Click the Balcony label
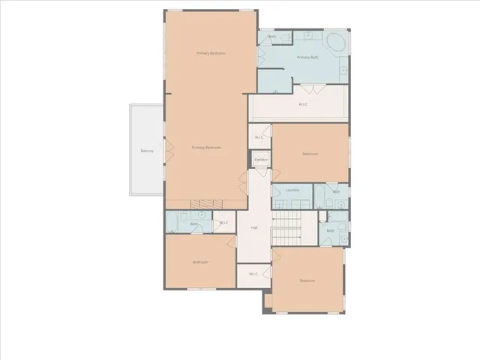coord(147,151)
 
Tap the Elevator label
coord(260,160)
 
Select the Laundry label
coord(292,190)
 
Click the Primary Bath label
coord(307,58)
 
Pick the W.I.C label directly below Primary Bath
coord(303,104)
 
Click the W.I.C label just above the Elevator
coord(259,137)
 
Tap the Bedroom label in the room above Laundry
coord(310,154)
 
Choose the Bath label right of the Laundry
coord(336,192)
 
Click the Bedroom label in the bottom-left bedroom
coord(199,262)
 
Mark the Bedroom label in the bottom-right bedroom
coord(307,280)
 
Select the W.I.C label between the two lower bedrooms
coord(253,274)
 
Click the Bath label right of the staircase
coord(330,231)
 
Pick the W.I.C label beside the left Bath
coord(223,223)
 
